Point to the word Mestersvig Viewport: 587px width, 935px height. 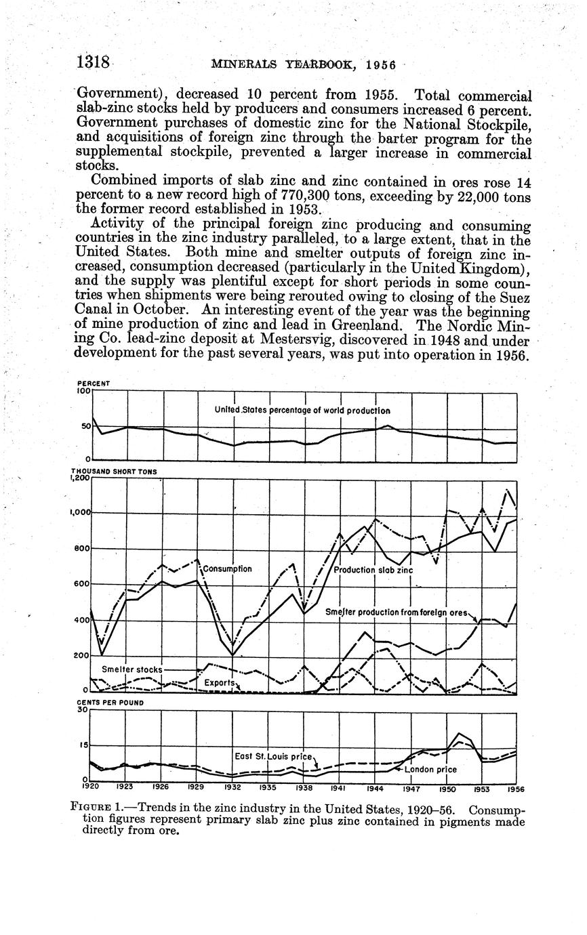(307, 340)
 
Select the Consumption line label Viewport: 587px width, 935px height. (228, 569)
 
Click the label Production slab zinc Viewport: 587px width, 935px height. (373, 570)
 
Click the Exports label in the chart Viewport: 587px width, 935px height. (220, 682)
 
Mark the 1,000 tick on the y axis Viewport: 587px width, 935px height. (80, 513)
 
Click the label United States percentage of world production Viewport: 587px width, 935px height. (302, 410)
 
